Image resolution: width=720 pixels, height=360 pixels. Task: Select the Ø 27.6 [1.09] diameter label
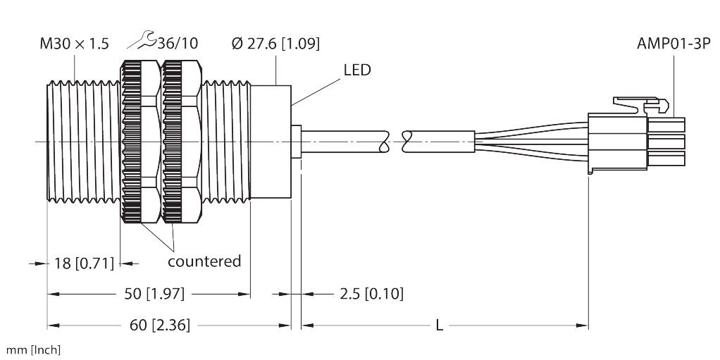click(276, 44)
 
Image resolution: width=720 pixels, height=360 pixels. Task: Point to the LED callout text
click(356, 71)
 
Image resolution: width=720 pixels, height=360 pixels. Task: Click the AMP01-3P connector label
click(673, 44)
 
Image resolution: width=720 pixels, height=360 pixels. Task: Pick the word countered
click(204, 261)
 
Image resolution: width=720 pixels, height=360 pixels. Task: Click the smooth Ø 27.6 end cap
click(271, 144)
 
